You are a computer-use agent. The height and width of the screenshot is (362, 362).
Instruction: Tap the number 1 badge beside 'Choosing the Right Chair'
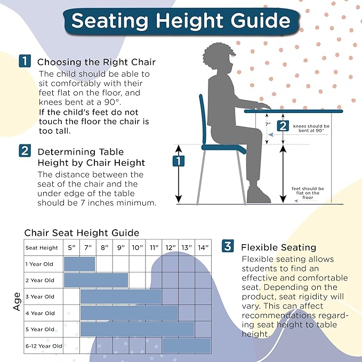25,61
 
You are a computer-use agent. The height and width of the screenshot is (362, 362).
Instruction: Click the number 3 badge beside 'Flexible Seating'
228,246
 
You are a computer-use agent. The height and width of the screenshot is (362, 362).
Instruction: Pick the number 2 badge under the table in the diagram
283,126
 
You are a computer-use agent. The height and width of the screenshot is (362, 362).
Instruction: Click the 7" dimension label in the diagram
268,124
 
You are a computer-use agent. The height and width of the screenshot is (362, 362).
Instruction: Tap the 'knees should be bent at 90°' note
311,128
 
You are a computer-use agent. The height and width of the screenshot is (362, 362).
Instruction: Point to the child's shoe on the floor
259,195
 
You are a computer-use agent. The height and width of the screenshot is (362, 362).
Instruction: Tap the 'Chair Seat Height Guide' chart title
82,233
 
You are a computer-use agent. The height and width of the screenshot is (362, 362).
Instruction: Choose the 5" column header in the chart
71,247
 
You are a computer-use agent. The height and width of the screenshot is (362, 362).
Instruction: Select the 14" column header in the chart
203,247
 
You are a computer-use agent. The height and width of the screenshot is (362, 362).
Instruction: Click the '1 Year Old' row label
39,264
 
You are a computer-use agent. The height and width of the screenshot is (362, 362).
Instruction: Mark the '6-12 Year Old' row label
43,346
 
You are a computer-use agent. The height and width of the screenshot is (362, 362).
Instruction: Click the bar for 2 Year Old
96,280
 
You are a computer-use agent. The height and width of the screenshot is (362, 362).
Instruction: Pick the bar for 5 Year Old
137,329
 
